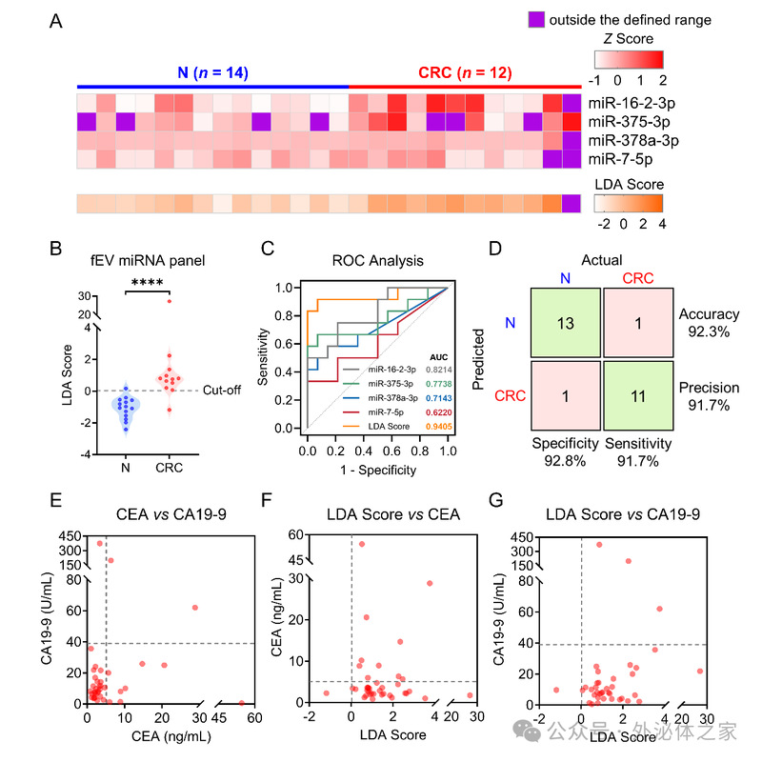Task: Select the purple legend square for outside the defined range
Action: coord(539,19)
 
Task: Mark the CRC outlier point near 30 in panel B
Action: coord(170,301)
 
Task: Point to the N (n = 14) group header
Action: coord(212,72)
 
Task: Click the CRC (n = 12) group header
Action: coord(465,72)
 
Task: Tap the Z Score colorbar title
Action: coord(628,39)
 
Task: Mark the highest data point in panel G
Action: coord(598,545)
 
